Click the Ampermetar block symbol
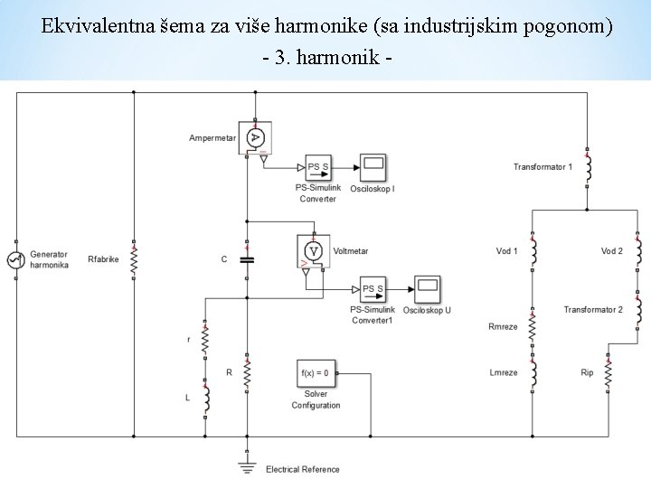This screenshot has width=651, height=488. pos(255,137)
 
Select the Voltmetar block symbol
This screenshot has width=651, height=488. pos(314,250)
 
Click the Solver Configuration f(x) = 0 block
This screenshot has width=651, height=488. pos(316,372)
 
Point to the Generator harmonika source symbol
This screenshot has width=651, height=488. pos(15,260)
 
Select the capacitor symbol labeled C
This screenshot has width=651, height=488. pos(247,259)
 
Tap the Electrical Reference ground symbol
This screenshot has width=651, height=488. pos(247,465)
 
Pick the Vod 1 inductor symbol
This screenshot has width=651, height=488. pos(533,250)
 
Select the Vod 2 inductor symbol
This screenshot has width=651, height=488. pos(638,250)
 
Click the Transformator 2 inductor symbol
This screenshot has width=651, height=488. pos(638,310)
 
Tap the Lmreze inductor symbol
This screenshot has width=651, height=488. pos(533,372)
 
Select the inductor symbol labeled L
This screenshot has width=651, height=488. pos(206,398)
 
